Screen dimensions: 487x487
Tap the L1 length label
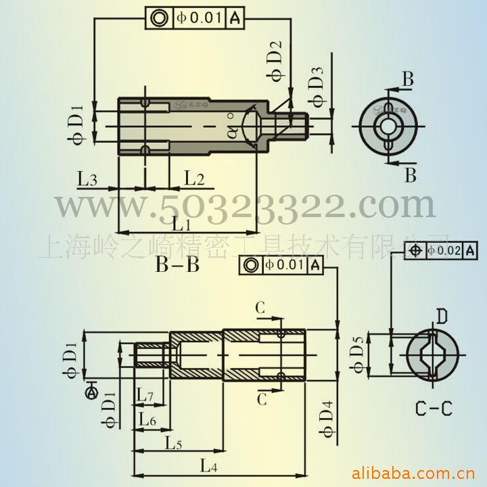point(181,223)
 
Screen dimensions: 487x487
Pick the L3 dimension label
point(87,179)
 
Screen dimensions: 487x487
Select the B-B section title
point(177,264)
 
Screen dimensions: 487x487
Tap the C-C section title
point(433,409)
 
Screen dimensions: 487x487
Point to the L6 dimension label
point(147,420)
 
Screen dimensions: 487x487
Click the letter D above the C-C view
point(441,316)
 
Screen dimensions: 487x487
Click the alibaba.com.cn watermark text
point(417,471)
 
